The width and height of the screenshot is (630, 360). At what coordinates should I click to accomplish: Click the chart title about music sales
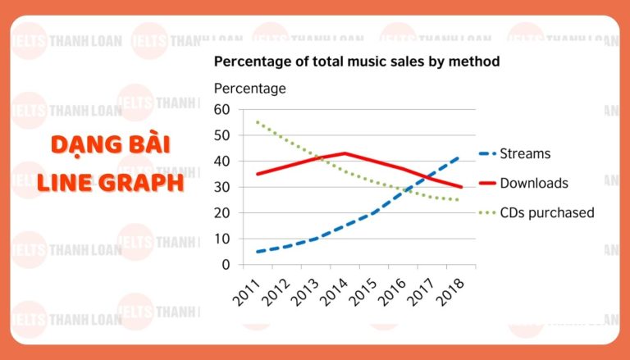click(x=357, y=62)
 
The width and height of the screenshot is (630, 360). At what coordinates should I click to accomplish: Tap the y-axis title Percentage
click(x=249, y=88)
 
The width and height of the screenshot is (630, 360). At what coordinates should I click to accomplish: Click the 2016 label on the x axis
click(x=391, y=289)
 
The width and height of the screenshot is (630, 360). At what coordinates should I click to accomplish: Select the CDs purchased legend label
click(x=550, y=213)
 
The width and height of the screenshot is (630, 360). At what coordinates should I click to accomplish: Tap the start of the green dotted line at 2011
click(x=258, y=122)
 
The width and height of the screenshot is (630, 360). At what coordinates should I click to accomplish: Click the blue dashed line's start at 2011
click(x=258, y=252)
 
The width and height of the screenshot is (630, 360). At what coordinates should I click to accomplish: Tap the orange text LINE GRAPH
click(x=110, y=182)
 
